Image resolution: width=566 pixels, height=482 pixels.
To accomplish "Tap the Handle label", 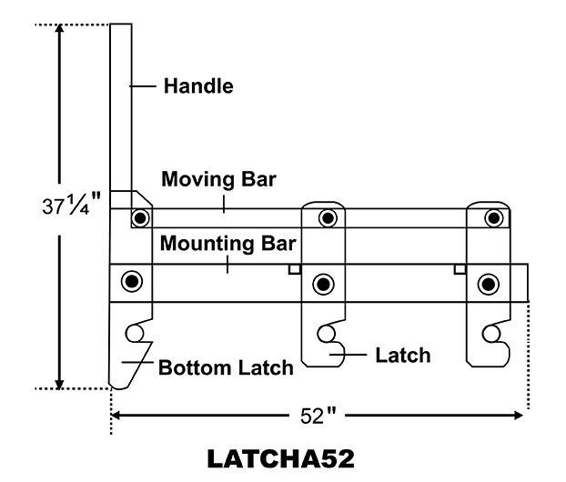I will pos(198,87).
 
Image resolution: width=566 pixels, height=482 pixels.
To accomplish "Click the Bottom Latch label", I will pos(226,368).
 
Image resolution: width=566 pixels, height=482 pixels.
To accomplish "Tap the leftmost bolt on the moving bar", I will pos(139,218).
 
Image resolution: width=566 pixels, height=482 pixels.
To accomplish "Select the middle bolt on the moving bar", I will pos(327,218).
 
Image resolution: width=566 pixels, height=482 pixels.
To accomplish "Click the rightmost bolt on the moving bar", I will pos(493,218).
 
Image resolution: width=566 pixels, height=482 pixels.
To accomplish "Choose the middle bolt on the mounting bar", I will pos(323,284).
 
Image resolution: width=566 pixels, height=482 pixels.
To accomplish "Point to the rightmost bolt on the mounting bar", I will pos(490,284).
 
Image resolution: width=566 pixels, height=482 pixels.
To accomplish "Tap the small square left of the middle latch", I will pos(293,269).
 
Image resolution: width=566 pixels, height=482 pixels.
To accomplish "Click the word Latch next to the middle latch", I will pos(402,354).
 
